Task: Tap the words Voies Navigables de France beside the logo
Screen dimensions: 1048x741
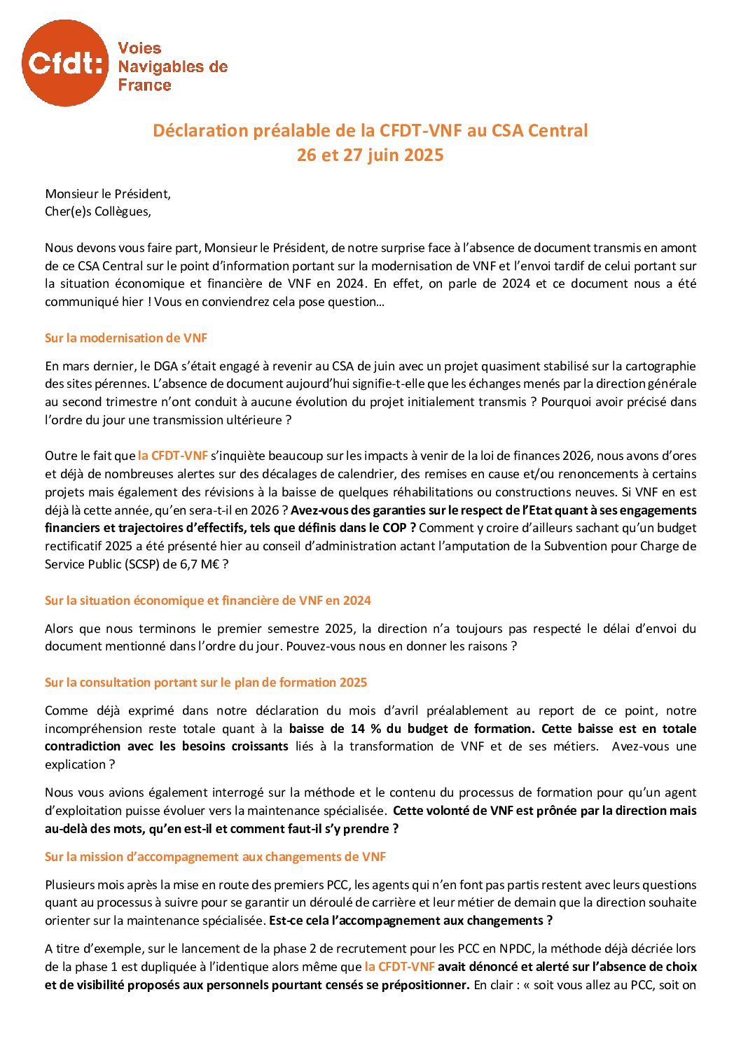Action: (x=172, y=67)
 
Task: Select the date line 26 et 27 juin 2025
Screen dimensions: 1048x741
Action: (x=370, y=155)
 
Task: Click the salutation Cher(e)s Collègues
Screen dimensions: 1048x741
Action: (x=97, y=211)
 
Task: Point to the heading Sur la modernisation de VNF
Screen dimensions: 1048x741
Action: (x=126, y=338)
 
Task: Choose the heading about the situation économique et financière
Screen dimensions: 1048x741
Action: (x=207, y=601)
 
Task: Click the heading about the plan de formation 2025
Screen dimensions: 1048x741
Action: (x=206, y=683)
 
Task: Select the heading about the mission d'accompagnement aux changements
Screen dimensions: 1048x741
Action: (x=215, y=857)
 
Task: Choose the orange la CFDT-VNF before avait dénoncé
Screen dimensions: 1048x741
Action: (x=399, y=967)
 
